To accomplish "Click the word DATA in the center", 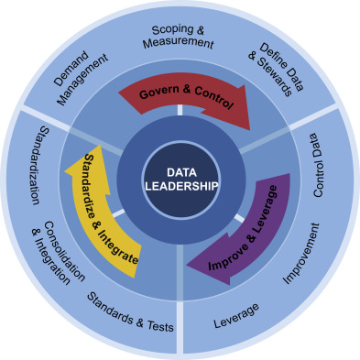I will pyautogui.click(x=180, y=171).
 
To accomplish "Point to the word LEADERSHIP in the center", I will pyautogui.click(x=180, y=186).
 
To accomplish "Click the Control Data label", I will pyautogui.click(x=320, y=165).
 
